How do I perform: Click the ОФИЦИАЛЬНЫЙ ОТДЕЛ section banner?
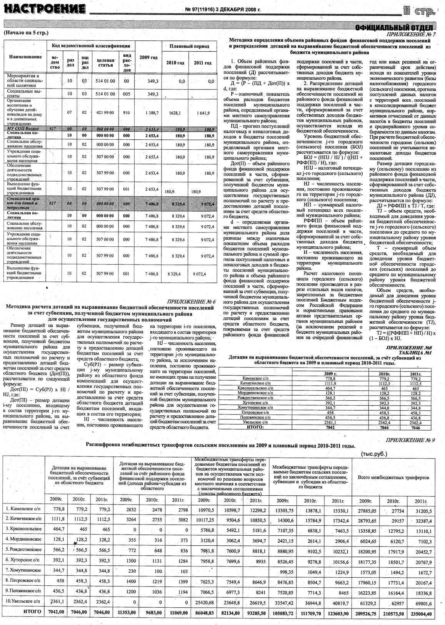pos(396,27)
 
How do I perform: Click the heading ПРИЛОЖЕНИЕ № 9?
pos(410,440)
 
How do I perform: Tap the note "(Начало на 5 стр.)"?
pos(26,32)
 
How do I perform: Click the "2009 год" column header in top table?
pos(148,57)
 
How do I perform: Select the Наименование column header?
pos(25,57)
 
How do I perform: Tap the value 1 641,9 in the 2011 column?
pos(203,113)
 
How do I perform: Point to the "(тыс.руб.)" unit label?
pos(374,454)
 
